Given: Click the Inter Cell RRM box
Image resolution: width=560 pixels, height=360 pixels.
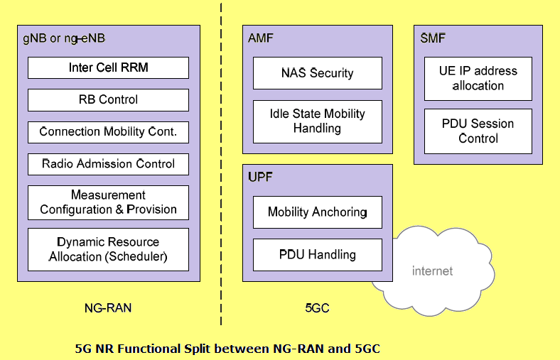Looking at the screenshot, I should pos(108,68).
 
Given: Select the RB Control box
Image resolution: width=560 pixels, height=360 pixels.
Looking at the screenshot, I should pos(108,100).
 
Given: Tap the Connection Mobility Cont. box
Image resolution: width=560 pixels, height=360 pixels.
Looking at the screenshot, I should pos(108,132).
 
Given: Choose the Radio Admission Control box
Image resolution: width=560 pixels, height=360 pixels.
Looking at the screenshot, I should pos(108,164).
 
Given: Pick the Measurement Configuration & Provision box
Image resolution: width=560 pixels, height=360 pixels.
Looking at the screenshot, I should pos(108,202).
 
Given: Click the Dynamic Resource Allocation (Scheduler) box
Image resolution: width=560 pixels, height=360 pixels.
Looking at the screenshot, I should pos(108,249).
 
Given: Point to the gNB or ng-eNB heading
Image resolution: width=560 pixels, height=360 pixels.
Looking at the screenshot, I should pos(64,38).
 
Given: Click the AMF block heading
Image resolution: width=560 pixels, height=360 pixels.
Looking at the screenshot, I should pos(260,38).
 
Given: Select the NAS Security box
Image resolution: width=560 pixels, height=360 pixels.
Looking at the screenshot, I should pos(317,73).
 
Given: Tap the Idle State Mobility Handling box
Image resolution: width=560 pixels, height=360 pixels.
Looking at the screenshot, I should pos(317,121).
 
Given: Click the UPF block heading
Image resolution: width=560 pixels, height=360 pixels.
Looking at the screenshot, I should pos(260,176).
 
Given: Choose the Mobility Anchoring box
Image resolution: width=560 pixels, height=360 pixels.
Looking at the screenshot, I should pos(317,212).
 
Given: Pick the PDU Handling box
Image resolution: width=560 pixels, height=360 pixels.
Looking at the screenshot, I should pos(317,254).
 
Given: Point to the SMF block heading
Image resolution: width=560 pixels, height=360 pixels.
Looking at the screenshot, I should pos(433,38).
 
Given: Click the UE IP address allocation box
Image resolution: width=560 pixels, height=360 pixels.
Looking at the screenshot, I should pos(478,79).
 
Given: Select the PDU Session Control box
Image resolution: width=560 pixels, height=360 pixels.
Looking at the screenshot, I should pos(478,131).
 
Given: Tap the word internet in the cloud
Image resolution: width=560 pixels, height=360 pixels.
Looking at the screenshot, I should pos(432,271).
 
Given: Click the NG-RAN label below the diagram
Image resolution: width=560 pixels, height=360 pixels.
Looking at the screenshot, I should pos(108,308).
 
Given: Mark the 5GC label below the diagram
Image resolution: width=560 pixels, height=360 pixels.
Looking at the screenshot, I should pos(317,308).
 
